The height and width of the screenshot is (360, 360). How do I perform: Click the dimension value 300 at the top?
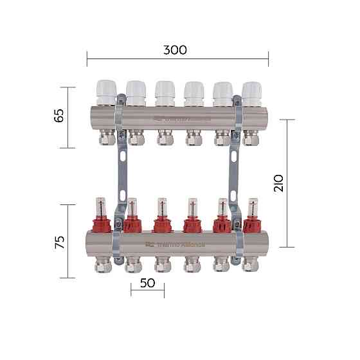175,50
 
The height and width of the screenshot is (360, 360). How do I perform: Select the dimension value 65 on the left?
59,117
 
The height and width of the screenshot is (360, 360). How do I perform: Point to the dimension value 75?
59,242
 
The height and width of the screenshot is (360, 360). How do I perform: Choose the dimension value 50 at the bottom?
147,283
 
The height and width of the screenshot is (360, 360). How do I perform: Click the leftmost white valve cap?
105,93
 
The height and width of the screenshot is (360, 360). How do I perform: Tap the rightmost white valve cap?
251,93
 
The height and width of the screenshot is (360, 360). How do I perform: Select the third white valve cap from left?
164,93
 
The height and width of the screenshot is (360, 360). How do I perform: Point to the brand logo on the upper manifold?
183,119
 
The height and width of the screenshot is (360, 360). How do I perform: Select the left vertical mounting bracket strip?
120,174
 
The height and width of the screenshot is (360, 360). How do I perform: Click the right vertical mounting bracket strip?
235,174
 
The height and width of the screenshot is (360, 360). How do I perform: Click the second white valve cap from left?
135,93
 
